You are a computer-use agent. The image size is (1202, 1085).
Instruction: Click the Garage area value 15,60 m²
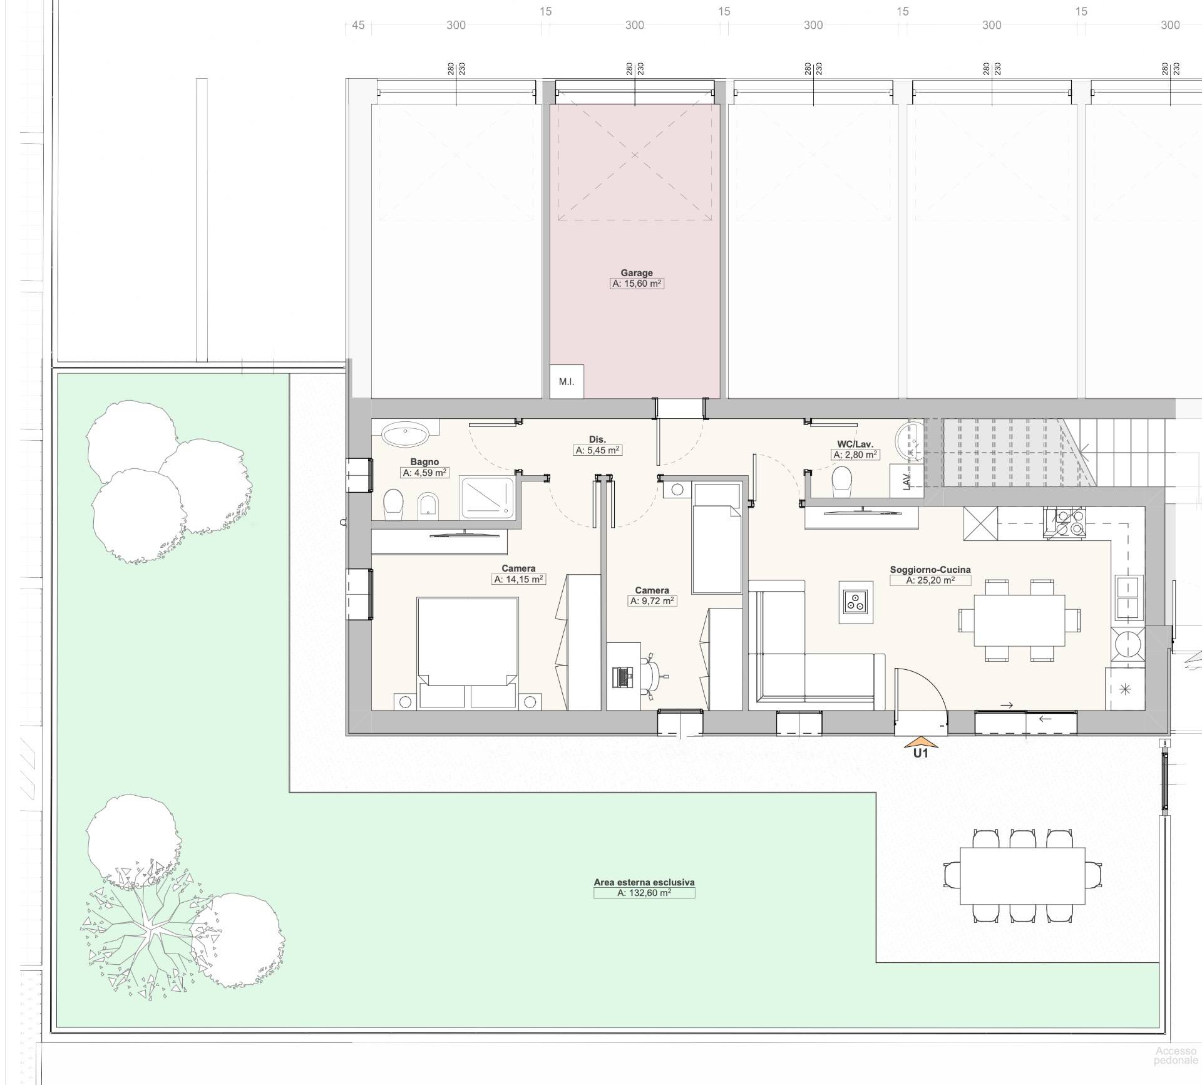(x=637, y=284)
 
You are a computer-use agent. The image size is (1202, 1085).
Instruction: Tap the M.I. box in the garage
(x=567, y=381)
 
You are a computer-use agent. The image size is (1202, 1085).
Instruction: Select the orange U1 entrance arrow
(x=921, y=743)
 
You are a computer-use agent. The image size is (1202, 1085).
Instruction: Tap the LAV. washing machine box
(x=907, y=481)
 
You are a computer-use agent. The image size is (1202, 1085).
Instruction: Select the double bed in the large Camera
(x=468, y=653)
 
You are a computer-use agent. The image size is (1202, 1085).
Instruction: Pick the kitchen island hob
(x=856, y=602)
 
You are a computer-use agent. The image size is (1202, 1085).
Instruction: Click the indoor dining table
(x=1019, y=620)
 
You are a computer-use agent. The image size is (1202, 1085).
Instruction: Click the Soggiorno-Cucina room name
(x=930, y=570)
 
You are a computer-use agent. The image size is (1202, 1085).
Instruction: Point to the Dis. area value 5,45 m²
(x=598, y=450)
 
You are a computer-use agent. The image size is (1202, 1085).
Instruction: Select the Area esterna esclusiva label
(x=644, y=882)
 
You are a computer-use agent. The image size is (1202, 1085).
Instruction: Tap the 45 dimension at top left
(x=358, y=25)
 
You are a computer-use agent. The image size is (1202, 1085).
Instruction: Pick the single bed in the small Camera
(x=717, y=538)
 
